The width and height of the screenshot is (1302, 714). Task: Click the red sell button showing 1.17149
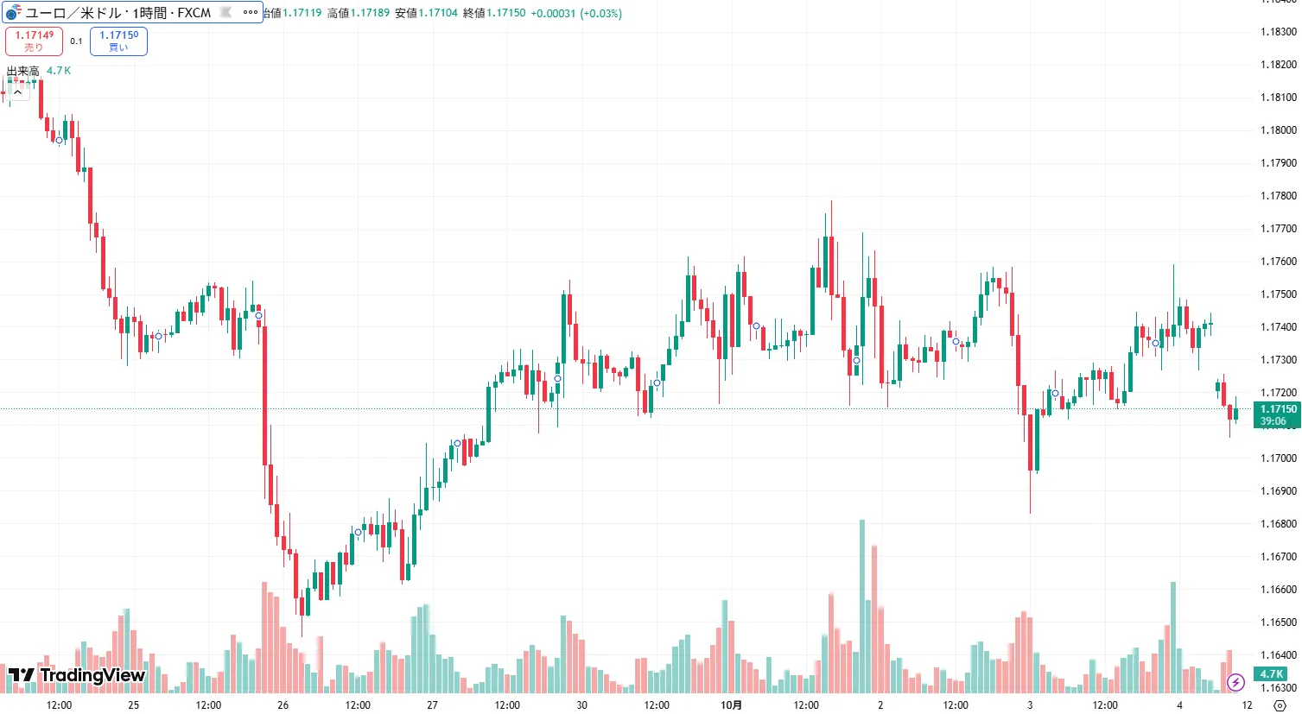[34, 41]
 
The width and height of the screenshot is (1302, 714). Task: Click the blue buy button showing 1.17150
[118, 41]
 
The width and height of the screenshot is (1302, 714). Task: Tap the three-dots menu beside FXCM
[251, 12]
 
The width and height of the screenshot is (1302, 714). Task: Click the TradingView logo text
[77, 675]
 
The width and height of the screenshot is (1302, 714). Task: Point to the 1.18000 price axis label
[1279, 130]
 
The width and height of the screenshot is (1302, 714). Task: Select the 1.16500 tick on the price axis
[1279, 622]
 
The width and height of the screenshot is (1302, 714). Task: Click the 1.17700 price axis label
[1279, 229]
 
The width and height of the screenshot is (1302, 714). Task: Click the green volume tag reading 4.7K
[1271, 674]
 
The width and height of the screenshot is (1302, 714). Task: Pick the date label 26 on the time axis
[283, 705]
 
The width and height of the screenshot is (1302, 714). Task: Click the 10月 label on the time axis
[731, 705]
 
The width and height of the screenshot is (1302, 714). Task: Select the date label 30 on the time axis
[581, 705]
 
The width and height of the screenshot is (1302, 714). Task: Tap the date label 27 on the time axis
[432, 705]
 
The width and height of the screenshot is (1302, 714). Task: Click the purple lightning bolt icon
[1235, 682]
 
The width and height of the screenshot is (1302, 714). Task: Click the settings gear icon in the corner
[1280, 705]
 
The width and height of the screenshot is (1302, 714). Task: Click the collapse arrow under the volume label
[17, 92]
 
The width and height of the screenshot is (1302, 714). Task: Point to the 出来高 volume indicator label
[23, 71]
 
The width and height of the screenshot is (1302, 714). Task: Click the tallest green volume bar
[861, 604]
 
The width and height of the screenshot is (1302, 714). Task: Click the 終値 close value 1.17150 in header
[505, 13]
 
